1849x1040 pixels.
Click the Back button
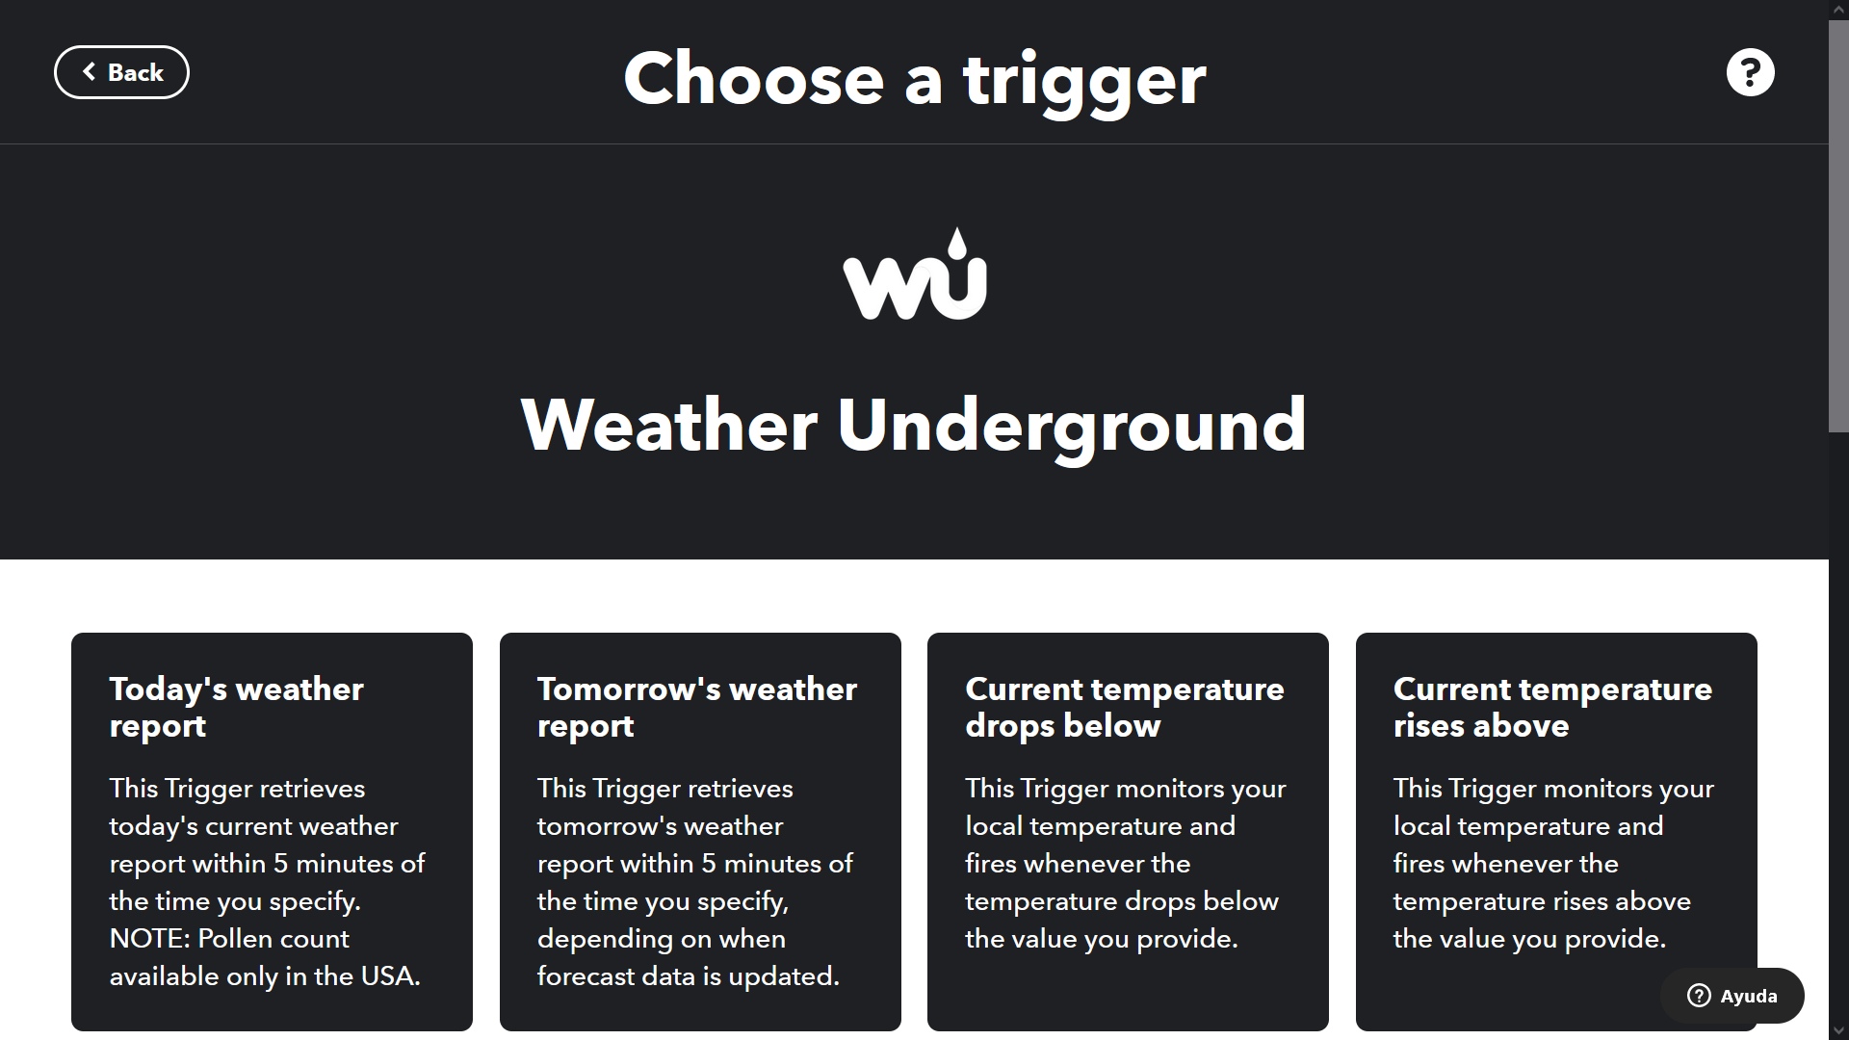[121, 72]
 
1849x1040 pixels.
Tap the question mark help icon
[1750, 72]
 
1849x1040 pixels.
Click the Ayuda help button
[1732, 996]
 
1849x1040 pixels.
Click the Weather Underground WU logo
[915, 274]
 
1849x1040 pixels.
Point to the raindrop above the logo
[956, 244]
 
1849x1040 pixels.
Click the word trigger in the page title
[1084, 81]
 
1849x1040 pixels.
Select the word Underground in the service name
[1072, 427]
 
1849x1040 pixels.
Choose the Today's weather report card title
[237, 707]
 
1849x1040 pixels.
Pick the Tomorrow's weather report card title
[697, 707]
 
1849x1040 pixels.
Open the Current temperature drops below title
[1125, 707]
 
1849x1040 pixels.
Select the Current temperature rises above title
[1552, 707]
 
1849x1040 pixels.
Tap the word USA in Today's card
[390, 976]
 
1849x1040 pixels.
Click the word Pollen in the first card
[235, 939]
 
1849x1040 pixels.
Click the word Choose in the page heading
[754, 79]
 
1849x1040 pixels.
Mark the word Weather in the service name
[669, 425]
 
